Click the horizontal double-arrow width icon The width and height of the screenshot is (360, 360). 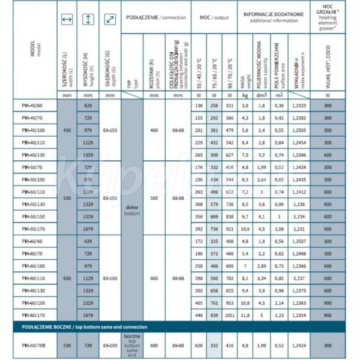click(67, 20)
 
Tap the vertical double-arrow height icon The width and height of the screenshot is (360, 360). click(88, 20)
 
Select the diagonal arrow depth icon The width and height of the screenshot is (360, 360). click(109, 20)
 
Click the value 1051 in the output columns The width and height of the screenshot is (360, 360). click(229, 315)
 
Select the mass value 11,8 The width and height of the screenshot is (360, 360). click(245, 315)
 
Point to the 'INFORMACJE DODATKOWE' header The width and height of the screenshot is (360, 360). click(274, 13)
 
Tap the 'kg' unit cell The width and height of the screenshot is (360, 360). click(245, 95)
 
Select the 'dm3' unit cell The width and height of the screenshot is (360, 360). click(262, 95)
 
